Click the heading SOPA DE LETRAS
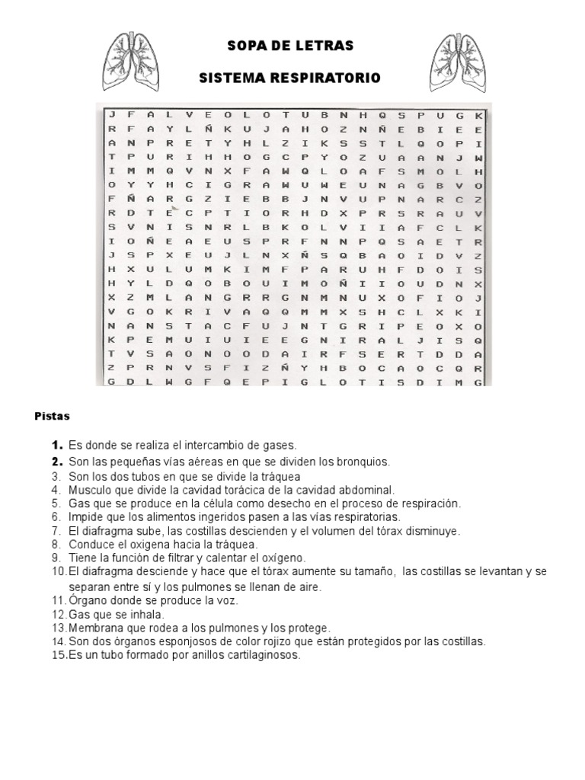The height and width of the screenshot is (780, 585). point(290,46)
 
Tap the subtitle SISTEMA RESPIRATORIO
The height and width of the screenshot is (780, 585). point(289,78)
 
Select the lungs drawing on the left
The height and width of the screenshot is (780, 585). point(134,58)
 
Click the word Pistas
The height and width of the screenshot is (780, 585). point(52,417)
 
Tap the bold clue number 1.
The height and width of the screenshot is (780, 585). point(56,445)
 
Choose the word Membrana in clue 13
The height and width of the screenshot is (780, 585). point(95,628)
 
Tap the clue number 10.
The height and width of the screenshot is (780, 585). point(59,572)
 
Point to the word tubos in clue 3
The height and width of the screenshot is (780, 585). point(145,475)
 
